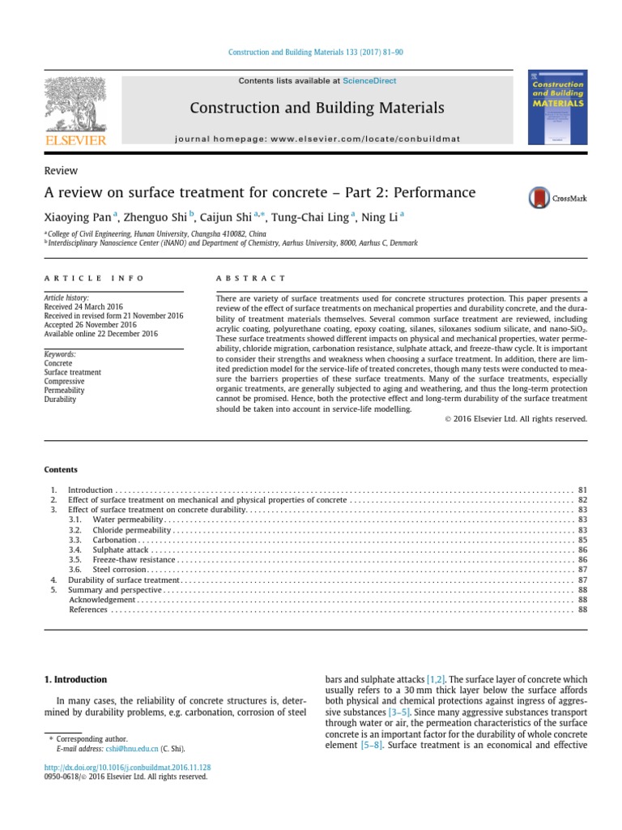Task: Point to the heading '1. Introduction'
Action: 75,679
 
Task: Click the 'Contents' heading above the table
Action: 62,469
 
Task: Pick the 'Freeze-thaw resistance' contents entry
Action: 134,559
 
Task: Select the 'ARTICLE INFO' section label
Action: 94,278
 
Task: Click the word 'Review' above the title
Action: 61,170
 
